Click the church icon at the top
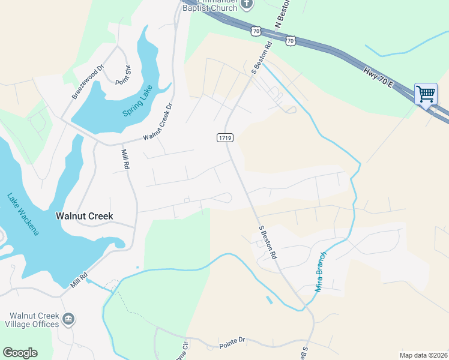(x=246, y=5)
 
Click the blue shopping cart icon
(x=426, y=94)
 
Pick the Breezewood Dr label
(x=88, y=83)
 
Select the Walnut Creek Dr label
(x=157, y=122)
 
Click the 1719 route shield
(x=224, y=138)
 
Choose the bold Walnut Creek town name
(x=85, y=216)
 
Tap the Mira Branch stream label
(x=323, y=271)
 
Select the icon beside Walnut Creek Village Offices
(x=68, y=318)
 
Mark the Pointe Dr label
(x=233, y=340)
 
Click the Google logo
(x=20, y=352)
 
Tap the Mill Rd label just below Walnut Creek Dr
(x=126, y=159)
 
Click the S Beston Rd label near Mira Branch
(x=268, y=242)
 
